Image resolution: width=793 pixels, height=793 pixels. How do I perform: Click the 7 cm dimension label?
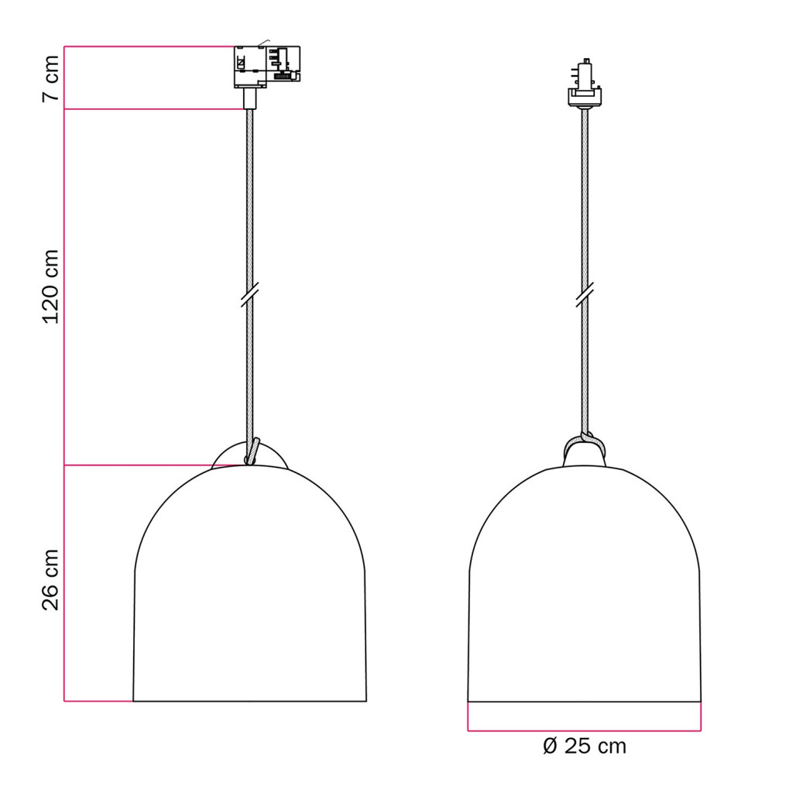pyautogui.click(x=50, y=78)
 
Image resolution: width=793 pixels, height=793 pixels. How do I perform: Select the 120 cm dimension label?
pyautogui.click(x=50, y=287)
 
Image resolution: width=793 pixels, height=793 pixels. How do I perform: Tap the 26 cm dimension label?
pyautogui.click(x=50, y=579)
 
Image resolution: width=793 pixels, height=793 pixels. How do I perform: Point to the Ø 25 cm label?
pyautogui.click(x=584, y=747)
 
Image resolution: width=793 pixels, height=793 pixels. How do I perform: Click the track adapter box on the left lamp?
pyautogui.click(x=267, y=67)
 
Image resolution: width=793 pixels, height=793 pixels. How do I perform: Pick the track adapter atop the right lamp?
pyautogui.click(x=585, y=84)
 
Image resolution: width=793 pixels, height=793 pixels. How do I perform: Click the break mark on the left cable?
pyautogui.click(x=250, y=294)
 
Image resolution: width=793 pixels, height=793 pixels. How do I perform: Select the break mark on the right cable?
pyautogui.click(x=585, y=295)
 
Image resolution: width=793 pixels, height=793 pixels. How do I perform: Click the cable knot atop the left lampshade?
pyautogui.click(x=252, y=451)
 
